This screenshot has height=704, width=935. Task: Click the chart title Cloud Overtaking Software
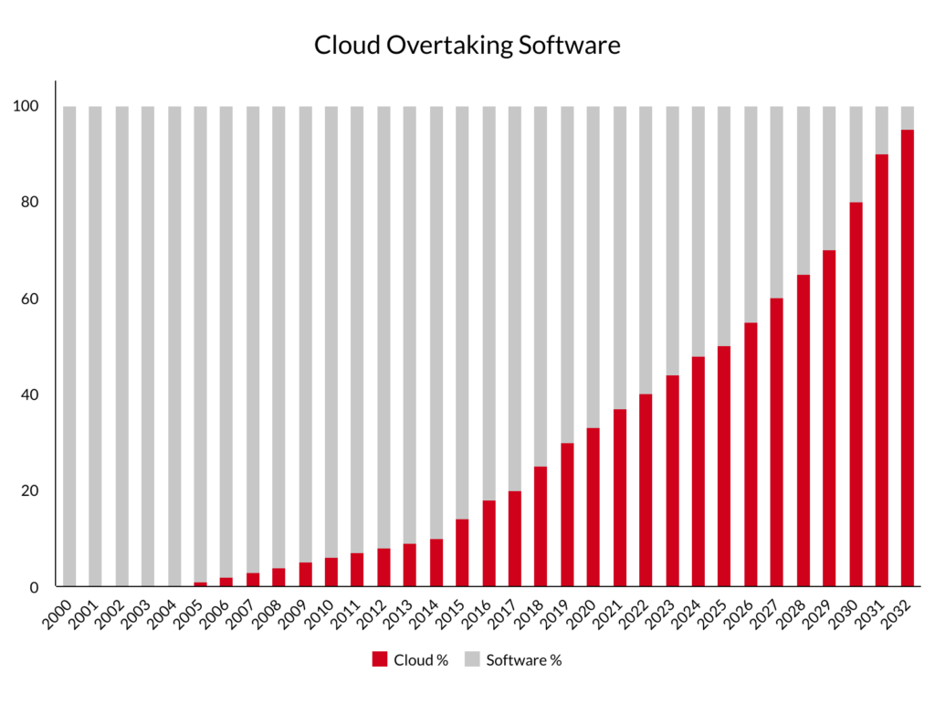point(467,46)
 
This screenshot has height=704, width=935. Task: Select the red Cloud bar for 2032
point(907,358)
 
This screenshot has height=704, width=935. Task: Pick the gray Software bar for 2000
point(69,346)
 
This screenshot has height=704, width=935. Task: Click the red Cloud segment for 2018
point(541,527)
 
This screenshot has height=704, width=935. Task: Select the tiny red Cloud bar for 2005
point(200,584)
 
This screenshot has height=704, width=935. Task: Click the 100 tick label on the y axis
point(26,107)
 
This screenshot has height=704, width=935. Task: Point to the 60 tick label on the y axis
point(29,299)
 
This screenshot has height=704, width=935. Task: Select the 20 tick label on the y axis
point(29,491)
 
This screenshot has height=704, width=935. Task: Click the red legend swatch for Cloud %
point(379,660)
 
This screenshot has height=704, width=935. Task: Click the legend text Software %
point(523,660)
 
